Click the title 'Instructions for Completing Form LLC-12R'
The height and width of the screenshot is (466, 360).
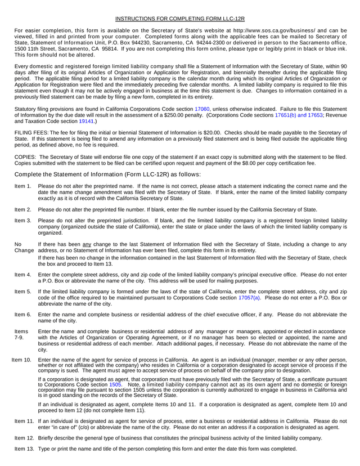coord(180,19)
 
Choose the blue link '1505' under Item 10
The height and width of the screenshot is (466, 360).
coord(115,384)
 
